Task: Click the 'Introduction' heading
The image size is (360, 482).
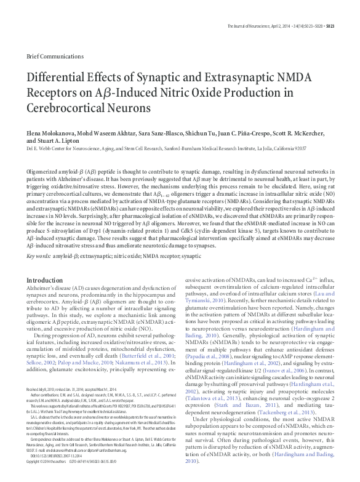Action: coord(44,280)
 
